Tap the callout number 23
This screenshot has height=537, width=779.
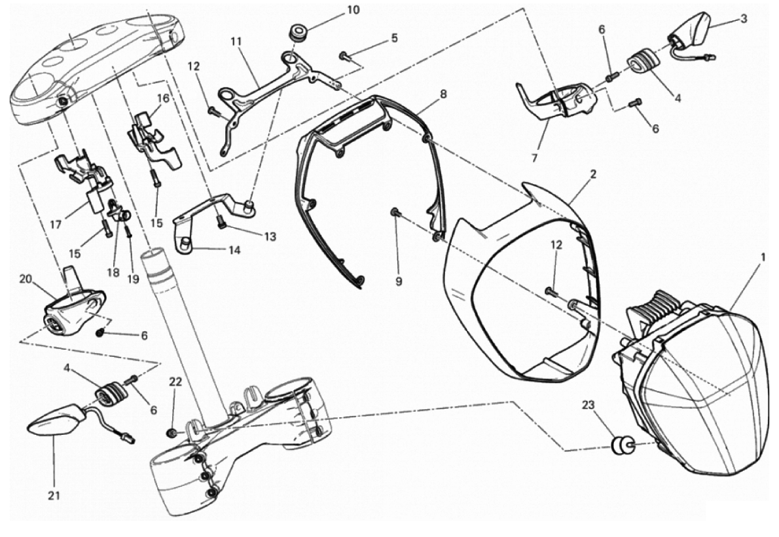point(589,405)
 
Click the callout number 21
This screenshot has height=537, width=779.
point(54,495)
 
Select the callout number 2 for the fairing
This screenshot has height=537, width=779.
point(593,175)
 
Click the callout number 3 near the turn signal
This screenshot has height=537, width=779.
point(744,20)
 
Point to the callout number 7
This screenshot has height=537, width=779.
point(535,158)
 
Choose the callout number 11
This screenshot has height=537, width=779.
point(236,41)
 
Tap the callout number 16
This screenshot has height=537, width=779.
point(164,98)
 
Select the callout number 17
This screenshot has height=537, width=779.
point(56,225)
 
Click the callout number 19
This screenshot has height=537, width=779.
point(133,280)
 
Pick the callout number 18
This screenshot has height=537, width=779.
point(113,272)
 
